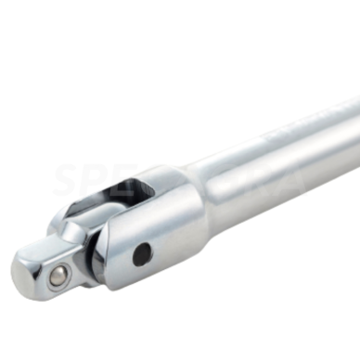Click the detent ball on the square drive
point(58,274)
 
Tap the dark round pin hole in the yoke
point(141,254)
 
